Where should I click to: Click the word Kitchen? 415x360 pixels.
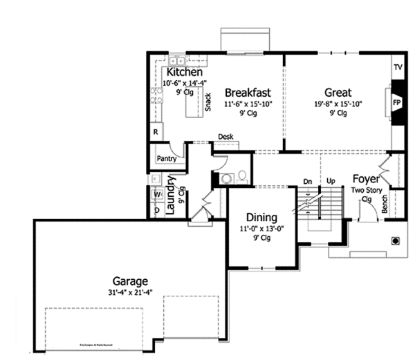(184, 72)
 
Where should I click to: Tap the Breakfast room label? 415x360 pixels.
(247, 93)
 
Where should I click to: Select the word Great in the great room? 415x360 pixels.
(338, 93)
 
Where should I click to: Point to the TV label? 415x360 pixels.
(398, 68)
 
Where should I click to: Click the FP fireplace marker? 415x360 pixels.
(397, 102)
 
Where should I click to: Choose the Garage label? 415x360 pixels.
(131, 281)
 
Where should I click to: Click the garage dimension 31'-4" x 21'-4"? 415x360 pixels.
(131, 292)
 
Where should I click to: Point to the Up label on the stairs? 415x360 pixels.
(331, 181)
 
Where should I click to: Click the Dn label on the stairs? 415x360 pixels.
(308, 181)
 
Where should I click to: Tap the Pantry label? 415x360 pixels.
(167, 158)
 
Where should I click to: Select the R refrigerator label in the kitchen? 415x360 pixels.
(156, 131)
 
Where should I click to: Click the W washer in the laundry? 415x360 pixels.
(157, 194)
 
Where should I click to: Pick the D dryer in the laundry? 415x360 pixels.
(157, 209)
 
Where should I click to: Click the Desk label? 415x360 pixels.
(225, 137)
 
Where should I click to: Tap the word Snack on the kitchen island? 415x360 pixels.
(207, 102)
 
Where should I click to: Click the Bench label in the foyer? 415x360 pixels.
(385, 205)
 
